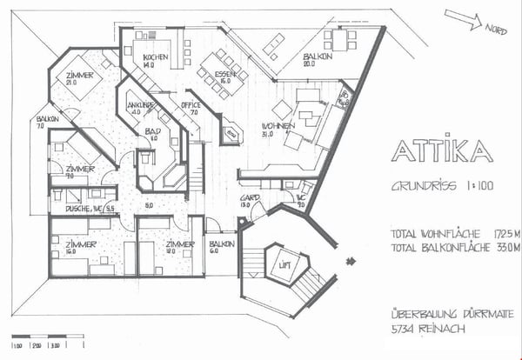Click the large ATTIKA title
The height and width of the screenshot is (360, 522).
[441, 151]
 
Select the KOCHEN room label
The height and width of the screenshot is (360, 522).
[155, 57]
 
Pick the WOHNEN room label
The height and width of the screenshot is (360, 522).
[273, 128]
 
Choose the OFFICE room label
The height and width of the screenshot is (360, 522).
[191, 106]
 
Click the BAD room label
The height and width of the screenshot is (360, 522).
[151, 130]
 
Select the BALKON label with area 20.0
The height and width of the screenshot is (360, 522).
[315, 58]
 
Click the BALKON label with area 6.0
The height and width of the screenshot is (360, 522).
[221, 244]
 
